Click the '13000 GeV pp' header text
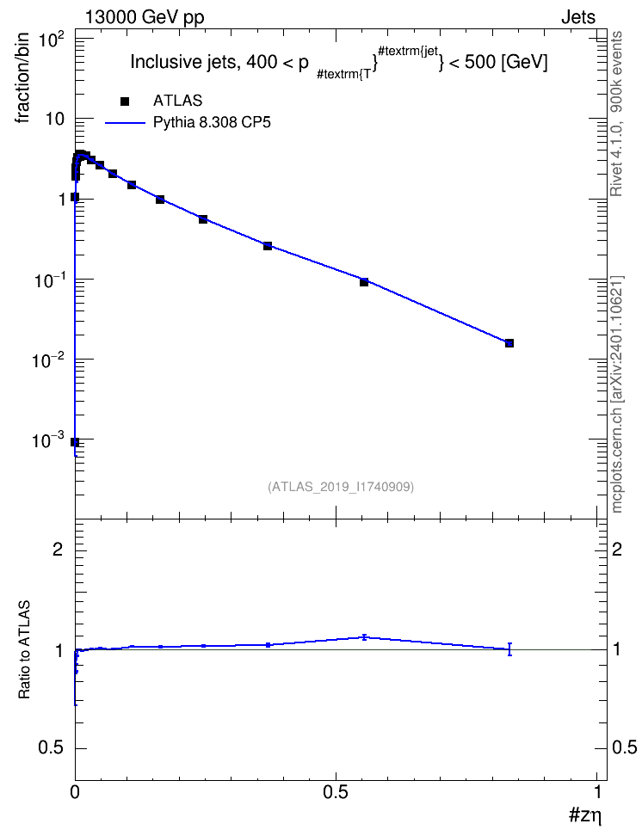tap(145, 17)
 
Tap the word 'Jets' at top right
tap(578, 17)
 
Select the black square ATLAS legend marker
tap(125, 101)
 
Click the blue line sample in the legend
tap(126, 123)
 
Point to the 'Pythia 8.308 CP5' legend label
tap(212, 123)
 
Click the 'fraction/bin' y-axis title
tap(23, 78)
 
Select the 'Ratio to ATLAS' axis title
tap(24, 650)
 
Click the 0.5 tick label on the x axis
tap(336, 792)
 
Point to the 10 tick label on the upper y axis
tap(54, 119)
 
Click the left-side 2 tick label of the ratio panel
tap(59, 549)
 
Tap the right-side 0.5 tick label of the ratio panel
tap(624, 748)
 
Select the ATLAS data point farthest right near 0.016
tap(509, 343)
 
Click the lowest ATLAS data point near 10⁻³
tap(75, 442)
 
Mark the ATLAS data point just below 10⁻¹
tap(364, 282)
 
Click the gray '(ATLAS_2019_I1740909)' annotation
tap(341, 487)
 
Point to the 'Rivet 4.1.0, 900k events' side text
tap(616, 114)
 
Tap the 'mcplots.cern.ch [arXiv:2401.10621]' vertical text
tap(616, 395)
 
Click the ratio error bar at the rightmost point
tap(509, 649)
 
